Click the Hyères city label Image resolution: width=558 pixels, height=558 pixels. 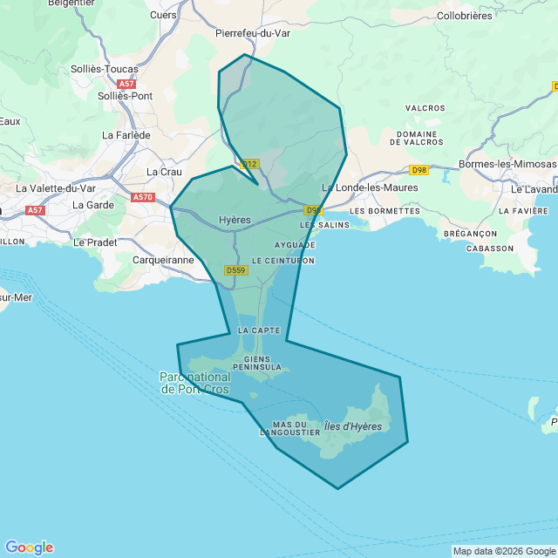[x=235, y=221]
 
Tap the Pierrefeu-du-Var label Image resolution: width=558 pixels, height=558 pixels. [x=252, y=33]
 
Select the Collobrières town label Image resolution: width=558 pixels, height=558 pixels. [x=464, y=16]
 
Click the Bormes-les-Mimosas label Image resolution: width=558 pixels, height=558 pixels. [x=507, y=164]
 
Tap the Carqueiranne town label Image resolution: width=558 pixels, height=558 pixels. [x=163, y=260]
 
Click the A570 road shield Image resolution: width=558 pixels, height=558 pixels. [x=143, y=198]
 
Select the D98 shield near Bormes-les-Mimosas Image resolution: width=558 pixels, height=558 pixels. [x=419, y=170]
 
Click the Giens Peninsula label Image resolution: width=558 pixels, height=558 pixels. [x=257, y=363]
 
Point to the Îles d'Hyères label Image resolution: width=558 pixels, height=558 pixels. [x=353, y=425]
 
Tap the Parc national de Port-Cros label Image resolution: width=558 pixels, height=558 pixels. [x=194, y=383]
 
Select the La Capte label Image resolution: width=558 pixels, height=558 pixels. [x=258, y=331]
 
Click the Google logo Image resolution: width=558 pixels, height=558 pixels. [x=29, y=548]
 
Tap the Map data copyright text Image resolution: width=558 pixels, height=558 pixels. [x=504, y=551]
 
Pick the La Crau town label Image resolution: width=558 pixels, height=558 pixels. [x=165, y=172]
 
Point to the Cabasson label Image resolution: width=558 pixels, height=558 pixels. [x=489, y=248]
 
